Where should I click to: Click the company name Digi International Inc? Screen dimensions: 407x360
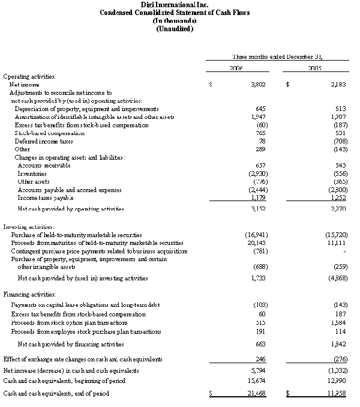pos(179,4)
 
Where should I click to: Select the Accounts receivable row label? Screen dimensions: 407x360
pos(44,165)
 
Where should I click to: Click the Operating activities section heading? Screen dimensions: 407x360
pos(30,77)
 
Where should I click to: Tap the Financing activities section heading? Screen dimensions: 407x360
pos(30,295)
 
